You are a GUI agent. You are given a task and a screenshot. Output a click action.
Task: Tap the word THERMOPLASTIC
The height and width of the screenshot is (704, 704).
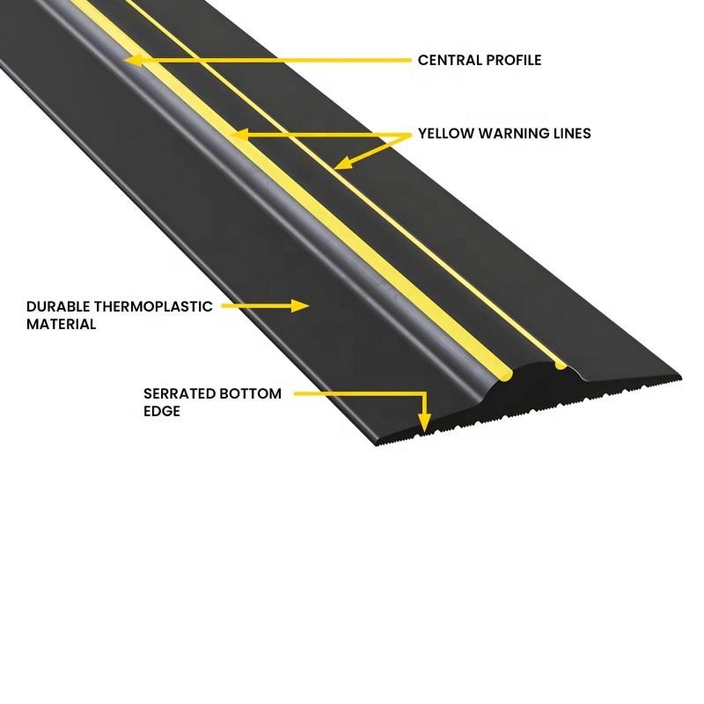(152, 307)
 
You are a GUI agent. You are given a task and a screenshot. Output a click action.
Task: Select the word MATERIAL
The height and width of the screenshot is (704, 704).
(62, 324)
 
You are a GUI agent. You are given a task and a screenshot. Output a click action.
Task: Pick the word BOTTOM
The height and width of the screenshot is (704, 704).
(251, 394)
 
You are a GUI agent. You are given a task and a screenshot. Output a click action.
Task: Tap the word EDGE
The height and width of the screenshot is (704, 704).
(162, 411)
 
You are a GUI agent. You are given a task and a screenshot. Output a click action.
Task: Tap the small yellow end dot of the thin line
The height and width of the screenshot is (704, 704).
(561, 362)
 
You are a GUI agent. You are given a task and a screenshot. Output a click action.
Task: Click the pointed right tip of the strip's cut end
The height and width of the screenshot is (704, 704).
(679, 379)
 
